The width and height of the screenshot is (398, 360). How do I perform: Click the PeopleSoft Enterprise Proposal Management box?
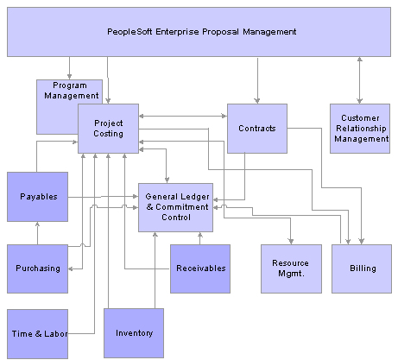199,32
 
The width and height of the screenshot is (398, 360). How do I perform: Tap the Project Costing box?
108,129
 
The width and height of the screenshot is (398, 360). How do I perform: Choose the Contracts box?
257,129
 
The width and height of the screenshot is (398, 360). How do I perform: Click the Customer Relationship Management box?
360,129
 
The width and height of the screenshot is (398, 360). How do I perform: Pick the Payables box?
37,197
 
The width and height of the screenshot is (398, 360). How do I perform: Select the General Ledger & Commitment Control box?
175,207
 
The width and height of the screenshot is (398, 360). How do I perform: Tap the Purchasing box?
37,268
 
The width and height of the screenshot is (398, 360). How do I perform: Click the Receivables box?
200,268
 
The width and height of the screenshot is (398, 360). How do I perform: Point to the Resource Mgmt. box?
291,268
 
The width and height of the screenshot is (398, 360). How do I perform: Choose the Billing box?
362,268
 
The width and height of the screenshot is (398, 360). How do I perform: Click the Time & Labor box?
37,334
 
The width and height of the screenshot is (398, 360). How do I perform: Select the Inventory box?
134,333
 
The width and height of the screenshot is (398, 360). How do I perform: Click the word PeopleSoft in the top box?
130,32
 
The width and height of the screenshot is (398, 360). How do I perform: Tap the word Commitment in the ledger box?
182,207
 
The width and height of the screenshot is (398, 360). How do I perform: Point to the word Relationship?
361,129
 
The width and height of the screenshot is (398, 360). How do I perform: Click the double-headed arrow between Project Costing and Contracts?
183,116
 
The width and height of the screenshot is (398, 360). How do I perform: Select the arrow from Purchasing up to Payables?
37,233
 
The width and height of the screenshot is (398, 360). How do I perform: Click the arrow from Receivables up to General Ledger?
200,238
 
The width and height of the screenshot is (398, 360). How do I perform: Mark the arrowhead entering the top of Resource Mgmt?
291,241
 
